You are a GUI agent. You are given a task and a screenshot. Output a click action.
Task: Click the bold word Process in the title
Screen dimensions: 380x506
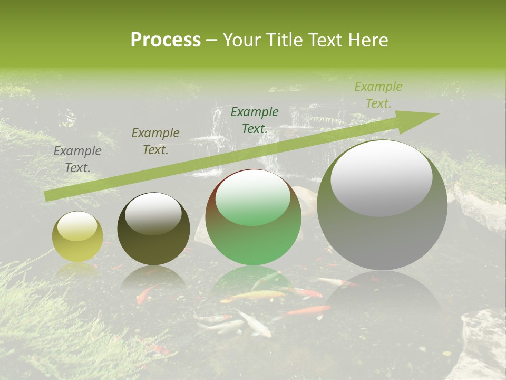coord(166,40)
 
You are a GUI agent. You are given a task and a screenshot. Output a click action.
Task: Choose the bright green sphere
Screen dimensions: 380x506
coord(254,217)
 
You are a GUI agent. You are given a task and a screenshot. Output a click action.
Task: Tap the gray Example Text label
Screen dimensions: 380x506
coord(77,159)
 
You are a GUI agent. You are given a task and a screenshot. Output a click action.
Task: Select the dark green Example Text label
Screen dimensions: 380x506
coord(255,120)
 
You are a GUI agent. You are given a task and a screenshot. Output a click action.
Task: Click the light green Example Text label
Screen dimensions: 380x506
coord(378,95)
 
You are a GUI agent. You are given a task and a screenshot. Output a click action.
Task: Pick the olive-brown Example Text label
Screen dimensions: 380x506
coord(155,141)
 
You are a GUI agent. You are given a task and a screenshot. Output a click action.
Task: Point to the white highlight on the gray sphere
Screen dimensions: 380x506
coord(381,177)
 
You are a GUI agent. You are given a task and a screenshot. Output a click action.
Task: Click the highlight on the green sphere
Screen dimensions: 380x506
coord(253,197)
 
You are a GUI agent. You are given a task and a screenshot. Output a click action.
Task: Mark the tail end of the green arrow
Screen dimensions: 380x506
coord(46,196)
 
